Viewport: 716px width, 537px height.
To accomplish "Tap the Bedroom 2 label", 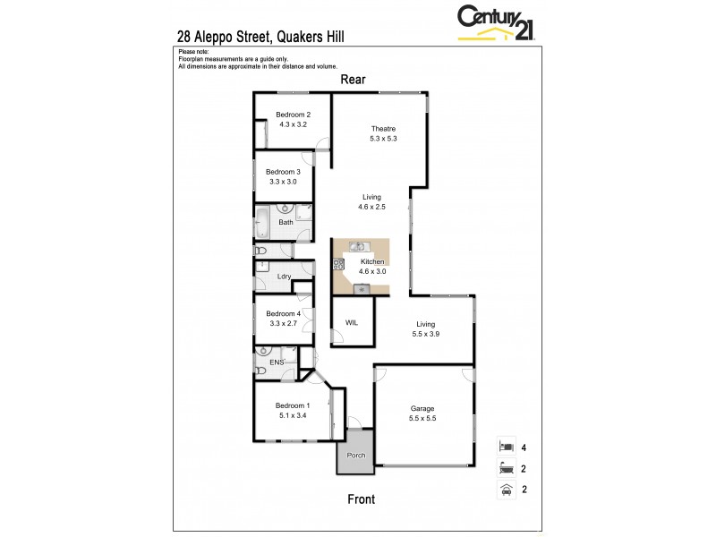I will (293, 114).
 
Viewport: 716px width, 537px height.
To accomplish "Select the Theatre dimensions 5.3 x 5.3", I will (382, 139).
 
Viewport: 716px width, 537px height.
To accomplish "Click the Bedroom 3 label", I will (282, 171).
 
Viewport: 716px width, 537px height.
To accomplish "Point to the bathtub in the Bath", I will (263, 222).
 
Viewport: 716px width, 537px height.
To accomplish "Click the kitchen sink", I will (356, 246).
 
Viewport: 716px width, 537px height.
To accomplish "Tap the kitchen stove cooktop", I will (338, 264).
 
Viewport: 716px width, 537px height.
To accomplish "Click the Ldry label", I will (285, 277).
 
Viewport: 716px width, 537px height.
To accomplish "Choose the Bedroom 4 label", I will (283, 313).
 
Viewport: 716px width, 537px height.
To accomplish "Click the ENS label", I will (277, 362).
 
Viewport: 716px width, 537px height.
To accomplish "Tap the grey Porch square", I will (356, 452).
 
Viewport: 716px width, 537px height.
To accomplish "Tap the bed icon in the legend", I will (506, 446).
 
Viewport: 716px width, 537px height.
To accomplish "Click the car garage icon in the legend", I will (506, 489).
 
